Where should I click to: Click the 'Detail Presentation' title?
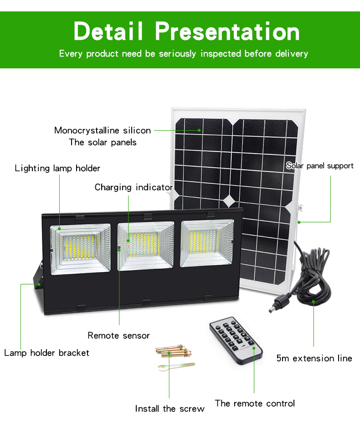coord(187,31)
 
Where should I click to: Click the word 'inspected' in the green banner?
coord(221,54)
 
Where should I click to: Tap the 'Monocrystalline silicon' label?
coord(103,130)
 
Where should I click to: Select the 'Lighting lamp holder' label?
coord(57,168)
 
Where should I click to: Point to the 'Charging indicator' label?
coord(134,187)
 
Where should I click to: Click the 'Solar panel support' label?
coord(319,166)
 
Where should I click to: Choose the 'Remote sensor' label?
coord(118,335)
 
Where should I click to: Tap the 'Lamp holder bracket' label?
coord(46,353)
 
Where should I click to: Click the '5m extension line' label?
coord(314,358)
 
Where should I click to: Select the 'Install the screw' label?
coord(170,408)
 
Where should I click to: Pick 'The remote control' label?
coord(255,403)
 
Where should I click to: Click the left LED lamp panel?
coord(80,249)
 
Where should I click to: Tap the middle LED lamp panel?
coord(145,246)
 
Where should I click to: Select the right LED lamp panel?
coord(207,243)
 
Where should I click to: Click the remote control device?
coord(236,340)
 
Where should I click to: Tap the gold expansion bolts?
coord(174,351)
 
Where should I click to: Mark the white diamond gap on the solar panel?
coord(230,201)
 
